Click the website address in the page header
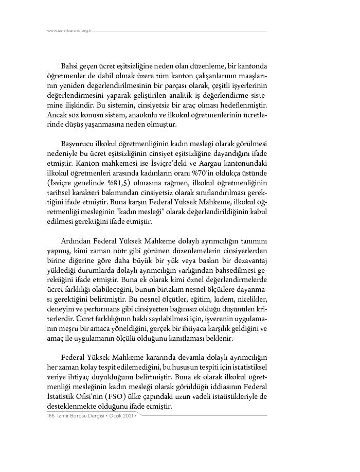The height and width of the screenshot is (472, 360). pos(69,30)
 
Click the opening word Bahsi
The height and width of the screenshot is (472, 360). pos(70,66)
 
